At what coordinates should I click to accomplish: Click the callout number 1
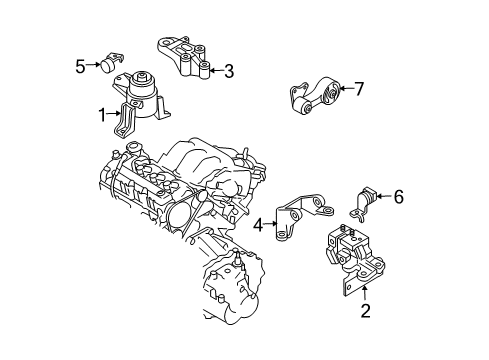click(102, 115)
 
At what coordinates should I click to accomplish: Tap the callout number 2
click(365, 311)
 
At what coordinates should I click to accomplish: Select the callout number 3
click(229, 71)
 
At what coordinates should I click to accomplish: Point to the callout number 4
click(258, 225)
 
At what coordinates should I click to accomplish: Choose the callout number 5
click(80, 66)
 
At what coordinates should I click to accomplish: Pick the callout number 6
click(399, 197)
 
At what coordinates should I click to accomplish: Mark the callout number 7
click(359, 89)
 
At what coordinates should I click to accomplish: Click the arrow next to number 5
click(93, 65)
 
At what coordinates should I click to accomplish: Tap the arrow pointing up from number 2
click(365, 294)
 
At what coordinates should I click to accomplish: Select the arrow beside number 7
click(346, 89)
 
